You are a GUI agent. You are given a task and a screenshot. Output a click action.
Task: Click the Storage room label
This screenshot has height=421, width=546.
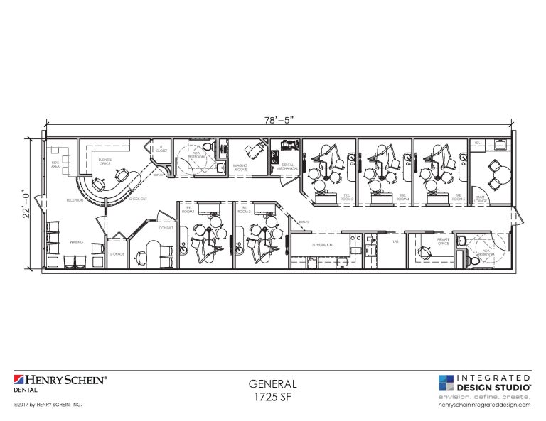click(118, 253)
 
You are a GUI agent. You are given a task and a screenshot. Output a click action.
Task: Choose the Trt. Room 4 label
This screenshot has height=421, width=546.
click(403, 198)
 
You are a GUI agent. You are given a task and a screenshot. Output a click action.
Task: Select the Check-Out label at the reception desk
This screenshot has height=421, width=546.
click(138, 199)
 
